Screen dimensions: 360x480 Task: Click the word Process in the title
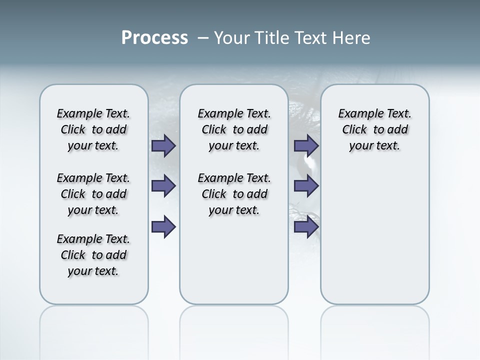point(154,38)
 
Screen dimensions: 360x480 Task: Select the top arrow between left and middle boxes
point(163,146)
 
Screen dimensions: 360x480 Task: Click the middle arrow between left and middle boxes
point(163,186)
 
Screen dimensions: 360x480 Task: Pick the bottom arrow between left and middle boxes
point(163,227)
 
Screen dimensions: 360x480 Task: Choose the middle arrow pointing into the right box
point(306,186)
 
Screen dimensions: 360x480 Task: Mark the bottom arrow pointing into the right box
point(306,227)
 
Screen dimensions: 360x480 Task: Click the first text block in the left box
point(93,129)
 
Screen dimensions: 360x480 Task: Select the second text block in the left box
point(93,194)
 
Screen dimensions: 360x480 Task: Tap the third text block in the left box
point(93,255)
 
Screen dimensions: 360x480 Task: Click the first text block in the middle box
point(234,129)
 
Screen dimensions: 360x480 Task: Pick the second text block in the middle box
point(234,194)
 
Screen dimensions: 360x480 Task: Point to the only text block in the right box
point(374,129)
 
